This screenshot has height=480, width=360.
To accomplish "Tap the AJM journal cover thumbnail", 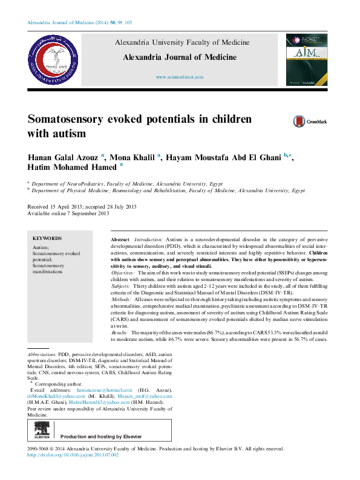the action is point(307,60).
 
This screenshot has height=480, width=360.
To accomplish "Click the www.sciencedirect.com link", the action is point(180,77).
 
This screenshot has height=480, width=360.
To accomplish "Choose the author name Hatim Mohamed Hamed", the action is point(73,167).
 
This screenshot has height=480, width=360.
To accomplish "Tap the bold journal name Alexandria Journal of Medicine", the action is point(180,57).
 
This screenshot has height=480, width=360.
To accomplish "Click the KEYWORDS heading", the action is point(47,239).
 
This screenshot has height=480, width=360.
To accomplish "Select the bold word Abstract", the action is point(120,240).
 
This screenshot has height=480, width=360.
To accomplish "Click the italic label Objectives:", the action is point(126,274).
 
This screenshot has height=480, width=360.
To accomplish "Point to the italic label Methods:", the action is point(125,300).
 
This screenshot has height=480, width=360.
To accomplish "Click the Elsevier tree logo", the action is point(42,431).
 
